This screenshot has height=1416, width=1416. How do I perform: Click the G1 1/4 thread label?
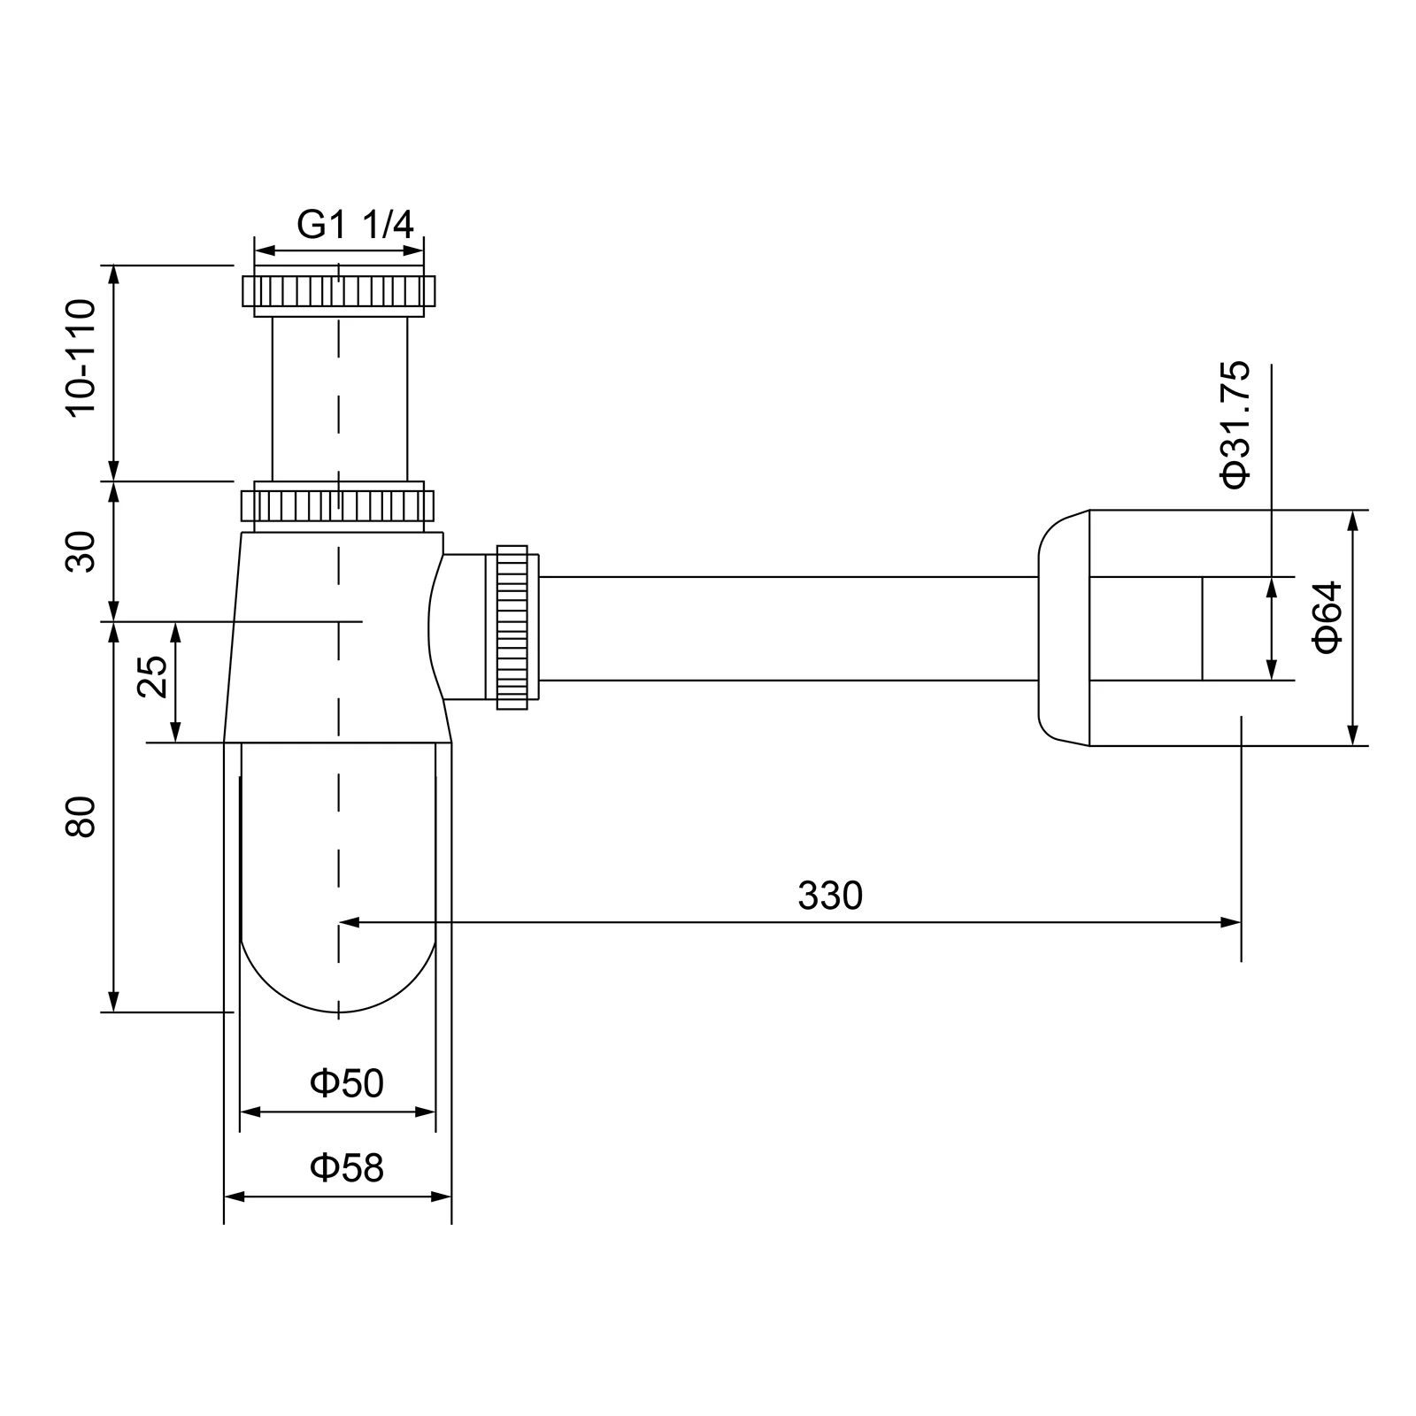click(355, 225)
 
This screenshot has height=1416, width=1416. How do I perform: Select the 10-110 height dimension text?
click(81, 358)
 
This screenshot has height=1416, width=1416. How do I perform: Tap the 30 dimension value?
click(81, 551)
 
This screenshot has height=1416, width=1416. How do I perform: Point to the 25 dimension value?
click(152, 677)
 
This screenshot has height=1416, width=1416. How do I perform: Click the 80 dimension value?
click(81, 817)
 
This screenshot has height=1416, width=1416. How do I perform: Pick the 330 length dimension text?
click(829, 896)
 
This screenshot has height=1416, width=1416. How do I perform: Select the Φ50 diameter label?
click(347, 1083)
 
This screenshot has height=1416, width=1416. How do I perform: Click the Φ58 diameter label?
click(347, 1168)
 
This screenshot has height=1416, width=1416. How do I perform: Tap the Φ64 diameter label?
click(1328, 617)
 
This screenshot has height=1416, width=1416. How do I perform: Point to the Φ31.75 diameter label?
click(1235, 425)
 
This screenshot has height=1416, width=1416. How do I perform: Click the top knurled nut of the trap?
click(339, 291)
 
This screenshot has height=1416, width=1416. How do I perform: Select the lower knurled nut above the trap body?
click(338, 505)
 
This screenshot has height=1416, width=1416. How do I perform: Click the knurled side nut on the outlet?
click(512, 627)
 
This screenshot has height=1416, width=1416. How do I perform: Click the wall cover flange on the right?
click(1064, 628)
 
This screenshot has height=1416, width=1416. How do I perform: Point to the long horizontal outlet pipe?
click(788, 628)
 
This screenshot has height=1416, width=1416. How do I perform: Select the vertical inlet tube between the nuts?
click(340, 398)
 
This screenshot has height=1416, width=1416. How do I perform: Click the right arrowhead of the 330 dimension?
click(1232, 922)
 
